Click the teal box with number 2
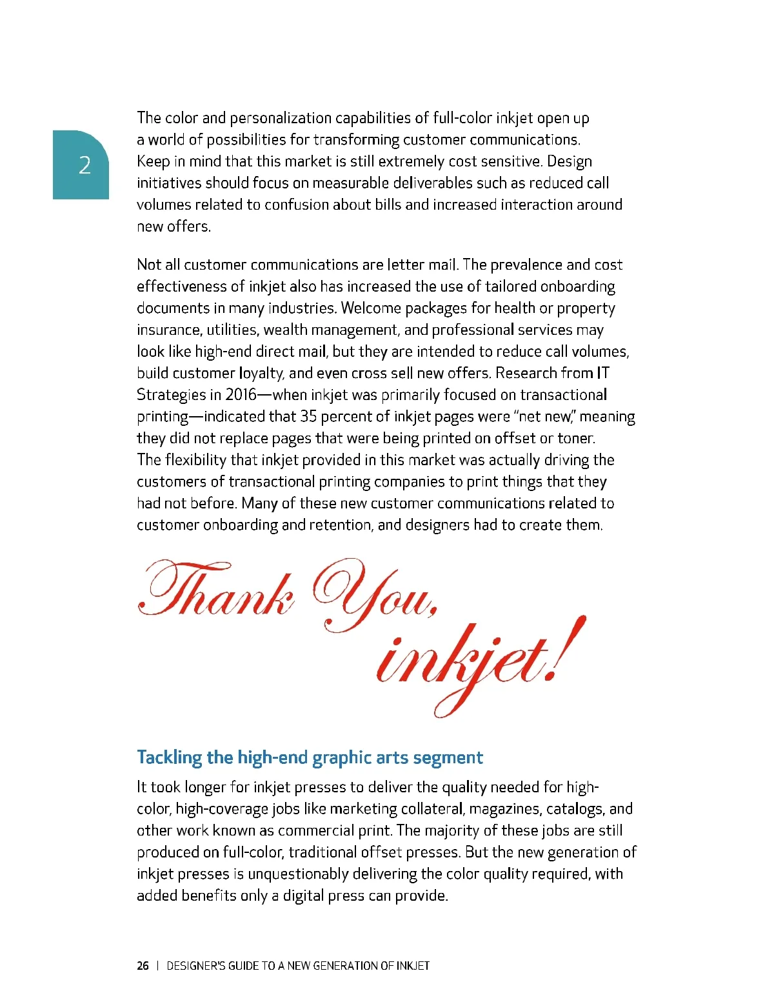[81, 165]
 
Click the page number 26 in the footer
[143, 966]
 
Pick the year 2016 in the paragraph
[241, 395]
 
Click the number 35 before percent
[308, 417]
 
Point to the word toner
[576, 438]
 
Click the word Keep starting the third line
[153, 161]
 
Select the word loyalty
[261, 374]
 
